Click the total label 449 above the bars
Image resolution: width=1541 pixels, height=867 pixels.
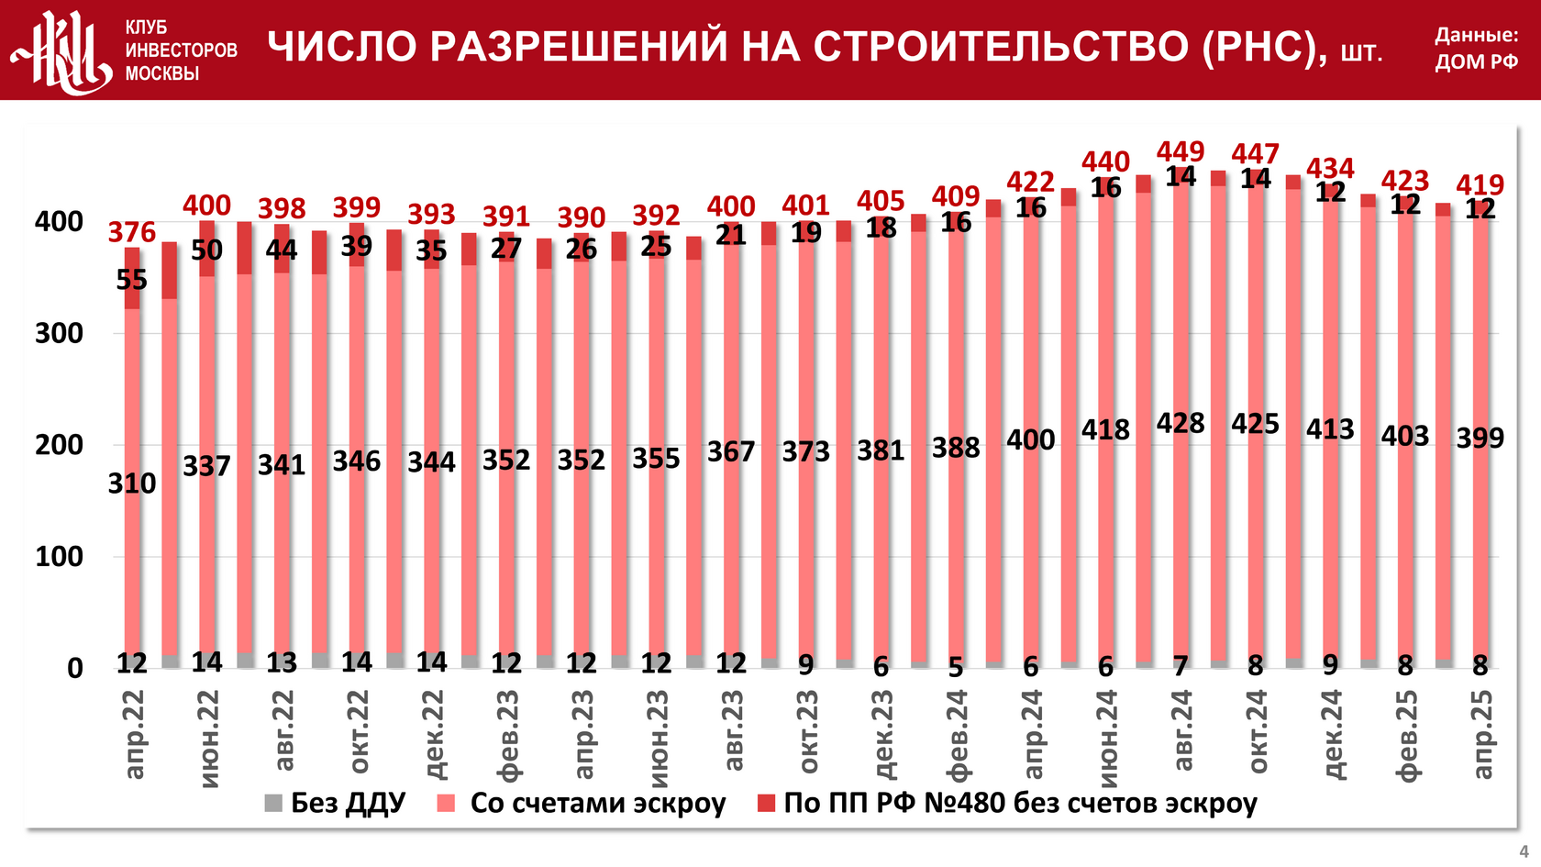pyautogui.click(x=1180, y=151)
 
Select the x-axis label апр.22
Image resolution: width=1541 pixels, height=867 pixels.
pyautogui.click(x=134, y=735)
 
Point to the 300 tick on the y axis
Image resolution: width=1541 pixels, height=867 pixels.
pyautogui.click(x=59, y=333)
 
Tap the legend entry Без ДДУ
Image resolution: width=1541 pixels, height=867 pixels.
pyautogui.click(x=335, y=803)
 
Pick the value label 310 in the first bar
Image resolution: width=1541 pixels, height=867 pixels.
pyautogui.click(x=132, y=483)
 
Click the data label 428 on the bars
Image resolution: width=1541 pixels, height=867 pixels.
pyautogui.click(x=1180, y=423)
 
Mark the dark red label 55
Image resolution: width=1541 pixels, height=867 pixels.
pyautogui.click(x=132, y=280)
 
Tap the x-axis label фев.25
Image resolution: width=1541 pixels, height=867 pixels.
pyautogui.click(x=1406, y=735)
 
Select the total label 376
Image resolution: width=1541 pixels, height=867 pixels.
pyautogui.click(x=132, y=232)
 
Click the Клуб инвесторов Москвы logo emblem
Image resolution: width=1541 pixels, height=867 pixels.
pyautogui.click(x=61, y=51)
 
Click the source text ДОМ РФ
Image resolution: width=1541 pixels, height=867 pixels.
pyautogui.click(x=1476, y=62)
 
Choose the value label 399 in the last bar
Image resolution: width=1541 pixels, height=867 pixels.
pyautogui.click(x=1480, y=439)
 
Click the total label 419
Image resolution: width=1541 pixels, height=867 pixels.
pyautogui.click(x=1480, y=185)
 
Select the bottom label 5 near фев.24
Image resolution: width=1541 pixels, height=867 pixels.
pyautogui.click(x=956, y=667)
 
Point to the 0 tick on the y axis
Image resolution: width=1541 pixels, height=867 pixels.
pyautogui.click(x=75, y=668)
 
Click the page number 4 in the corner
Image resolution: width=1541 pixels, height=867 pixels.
pyautogui.click(x=1524, y=851)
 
